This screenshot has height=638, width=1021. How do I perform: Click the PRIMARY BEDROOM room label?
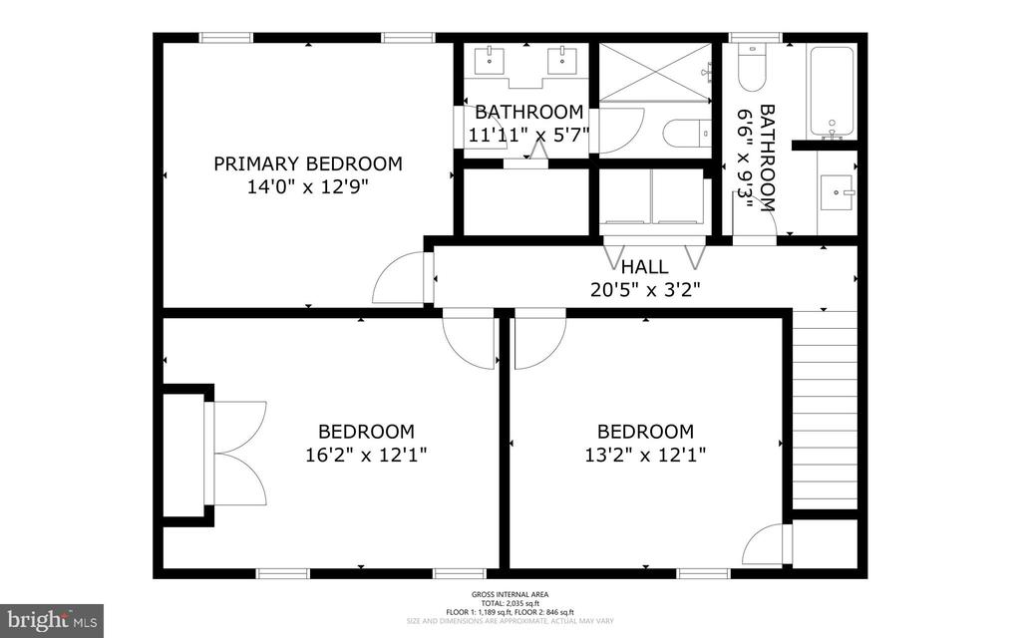coord(308,163)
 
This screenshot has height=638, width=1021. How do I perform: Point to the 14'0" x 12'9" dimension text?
coord(308,188)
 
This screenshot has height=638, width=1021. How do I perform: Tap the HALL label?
coord(644,267)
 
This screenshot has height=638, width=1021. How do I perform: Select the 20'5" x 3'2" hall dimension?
coord(644,291)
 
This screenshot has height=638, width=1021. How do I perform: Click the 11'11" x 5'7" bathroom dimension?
coord(528,134)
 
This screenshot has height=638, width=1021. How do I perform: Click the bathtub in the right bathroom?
coord(831,91)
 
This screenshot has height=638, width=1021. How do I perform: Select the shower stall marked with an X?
coord(654,72)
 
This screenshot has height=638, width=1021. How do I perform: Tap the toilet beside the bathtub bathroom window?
coord(750,68)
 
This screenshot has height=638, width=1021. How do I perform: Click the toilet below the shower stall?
coord(687,133)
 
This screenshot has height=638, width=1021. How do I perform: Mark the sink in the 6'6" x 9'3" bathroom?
coord(836,191)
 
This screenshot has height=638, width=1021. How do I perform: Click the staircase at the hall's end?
coord(824,409)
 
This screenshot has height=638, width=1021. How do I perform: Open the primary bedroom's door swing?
coord(401,280)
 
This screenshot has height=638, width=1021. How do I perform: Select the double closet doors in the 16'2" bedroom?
coord(236,453)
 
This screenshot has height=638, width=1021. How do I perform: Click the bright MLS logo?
coord(52,620)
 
